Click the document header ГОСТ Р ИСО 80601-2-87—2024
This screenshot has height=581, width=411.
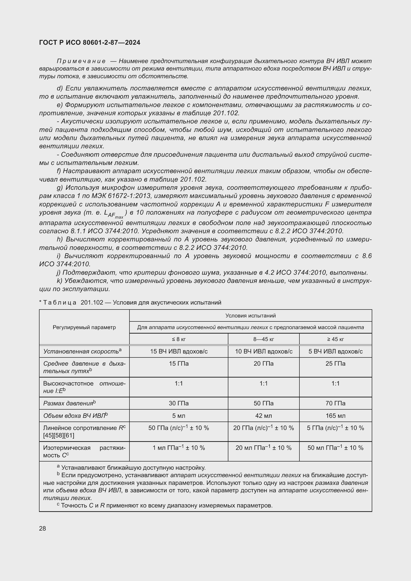tap(90, 42)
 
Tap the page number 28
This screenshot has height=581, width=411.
tap(42, 528)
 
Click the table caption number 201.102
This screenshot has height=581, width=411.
tap(92, 302)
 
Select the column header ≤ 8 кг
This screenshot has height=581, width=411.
tap(179, 339)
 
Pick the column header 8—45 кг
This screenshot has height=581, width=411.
tap(263, 339)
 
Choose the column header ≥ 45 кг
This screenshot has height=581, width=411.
tap(335, 339)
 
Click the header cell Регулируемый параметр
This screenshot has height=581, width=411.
tap(84, 327)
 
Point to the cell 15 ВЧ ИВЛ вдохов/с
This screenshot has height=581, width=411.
tap(179, 351)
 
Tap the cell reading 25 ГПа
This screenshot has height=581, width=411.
tap(335, 364)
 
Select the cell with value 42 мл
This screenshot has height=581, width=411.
tap(263, 416)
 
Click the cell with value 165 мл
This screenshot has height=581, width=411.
tap(335, 416)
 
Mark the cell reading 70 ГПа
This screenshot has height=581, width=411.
tap(335, 403)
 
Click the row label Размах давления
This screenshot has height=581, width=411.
tap(68, 403)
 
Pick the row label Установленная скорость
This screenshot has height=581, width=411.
tap(81, 351)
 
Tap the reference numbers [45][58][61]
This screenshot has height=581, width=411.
tap(59, 435)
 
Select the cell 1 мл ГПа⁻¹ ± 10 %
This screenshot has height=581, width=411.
tap(179, 448)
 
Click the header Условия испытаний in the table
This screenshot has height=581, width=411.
tap(250, 315)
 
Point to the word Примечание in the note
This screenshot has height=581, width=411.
tap(81, 61)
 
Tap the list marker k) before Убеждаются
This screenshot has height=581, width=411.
tap(59, 281)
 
